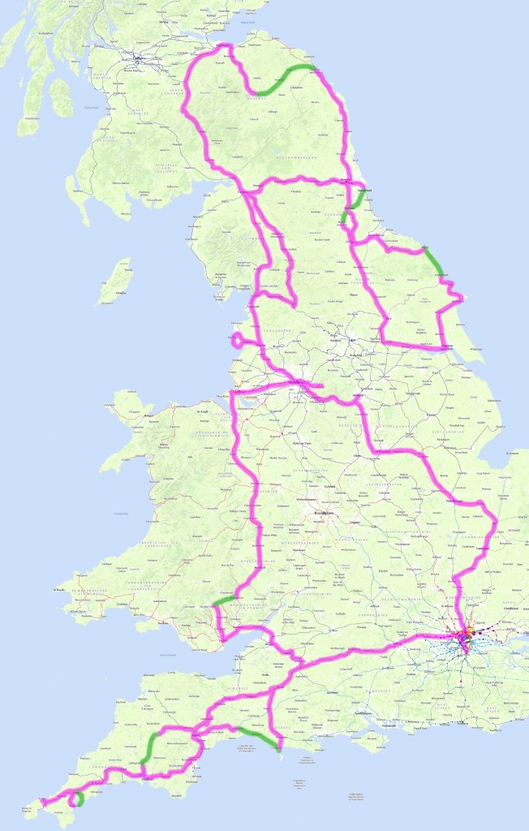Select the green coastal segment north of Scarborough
tap(435, 261)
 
